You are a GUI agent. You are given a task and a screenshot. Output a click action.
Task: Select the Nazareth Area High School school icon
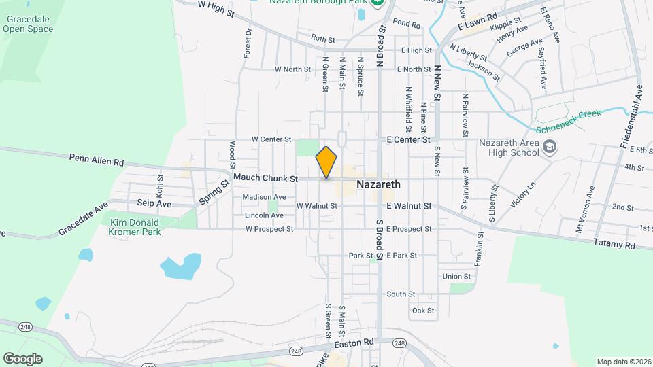tap(549, 146)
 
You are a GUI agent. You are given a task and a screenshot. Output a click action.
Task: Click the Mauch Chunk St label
tap(265, 179)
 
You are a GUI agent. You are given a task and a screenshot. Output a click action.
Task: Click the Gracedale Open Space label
tap(28, 24)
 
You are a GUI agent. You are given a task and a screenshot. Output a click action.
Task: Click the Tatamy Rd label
tap(614, 243)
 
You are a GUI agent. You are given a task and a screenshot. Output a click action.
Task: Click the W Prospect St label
tap(269, 229)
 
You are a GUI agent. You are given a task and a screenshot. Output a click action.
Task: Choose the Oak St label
tap(422, 311)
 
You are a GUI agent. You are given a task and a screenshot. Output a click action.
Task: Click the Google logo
tap(22, 358)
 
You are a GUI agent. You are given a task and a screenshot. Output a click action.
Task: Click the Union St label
tap(456, 277)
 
